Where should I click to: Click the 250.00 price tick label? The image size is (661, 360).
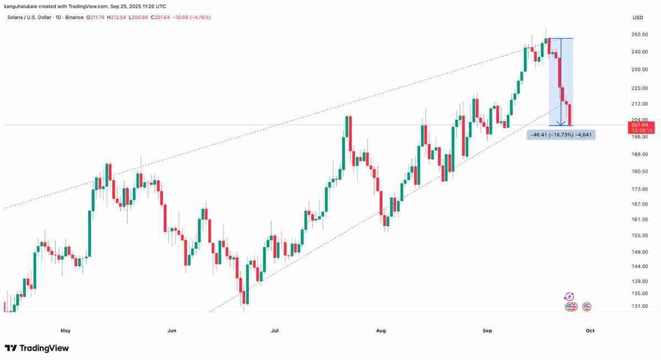click(640, 34)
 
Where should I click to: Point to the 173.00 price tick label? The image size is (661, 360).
click(640, 189)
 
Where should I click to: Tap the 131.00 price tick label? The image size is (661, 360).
click(640, 306)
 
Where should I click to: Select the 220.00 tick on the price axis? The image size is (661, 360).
click(640, 88)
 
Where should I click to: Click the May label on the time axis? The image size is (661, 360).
click(66, 331)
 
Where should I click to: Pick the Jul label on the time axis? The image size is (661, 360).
click(275, 331)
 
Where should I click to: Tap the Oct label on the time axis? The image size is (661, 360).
click(590, 331)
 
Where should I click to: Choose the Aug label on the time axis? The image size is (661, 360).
click(381, 331)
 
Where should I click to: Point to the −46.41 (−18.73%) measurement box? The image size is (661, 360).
click(561, 134)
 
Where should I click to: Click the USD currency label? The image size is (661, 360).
click(638, 18)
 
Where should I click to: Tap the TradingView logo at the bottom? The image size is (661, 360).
click(37, 348)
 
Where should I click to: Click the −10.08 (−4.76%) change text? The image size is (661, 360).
click(192, 18)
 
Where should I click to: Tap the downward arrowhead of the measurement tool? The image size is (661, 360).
click(561, 123)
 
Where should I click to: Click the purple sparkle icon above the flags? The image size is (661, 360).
click(570, 297)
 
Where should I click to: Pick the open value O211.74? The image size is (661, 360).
click(96, 18)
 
